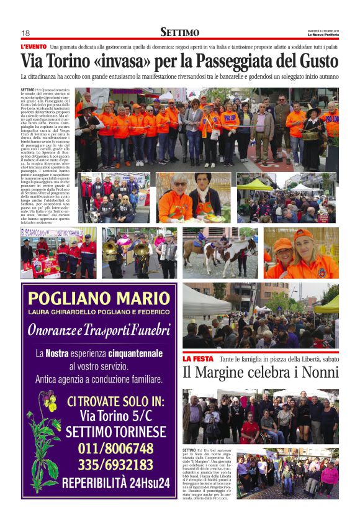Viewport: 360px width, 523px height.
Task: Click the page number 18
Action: [x=25, y=33]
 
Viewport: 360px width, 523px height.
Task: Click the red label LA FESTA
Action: [x=198, y=358]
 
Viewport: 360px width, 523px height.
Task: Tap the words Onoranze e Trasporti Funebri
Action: [x=99, y=329]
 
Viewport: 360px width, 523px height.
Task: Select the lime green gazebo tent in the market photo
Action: [x=254, y=184]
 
